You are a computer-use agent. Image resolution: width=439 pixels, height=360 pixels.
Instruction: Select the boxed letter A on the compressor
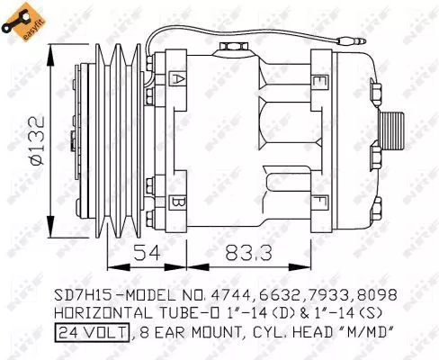click(x=179, y=79)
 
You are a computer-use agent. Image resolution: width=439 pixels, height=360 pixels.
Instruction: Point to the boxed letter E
click(x=320, y=79)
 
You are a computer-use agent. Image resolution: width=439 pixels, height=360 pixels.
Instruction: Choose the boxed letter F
click(x=320, y=201)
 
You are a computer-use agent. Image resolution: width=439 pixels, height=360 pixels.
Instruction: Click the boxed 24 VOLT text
click(x=92, y=334)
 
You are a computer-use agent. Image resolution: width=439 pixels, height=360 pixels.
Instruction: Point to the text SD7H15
click(x=80, y=295)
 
